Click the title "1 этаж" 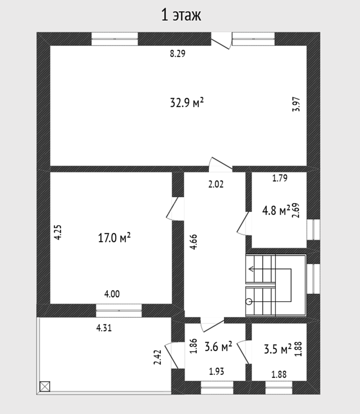click(181, 15)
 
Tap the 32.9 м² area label click(187, 102)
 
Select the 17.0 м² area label click(114, 237)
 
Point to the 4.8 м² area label click(276, 210)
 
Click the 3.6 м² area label click(218, 346)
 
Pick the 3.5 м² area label click(277, 349)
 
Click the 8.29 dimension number click(178, 54)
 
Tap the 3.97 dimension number click(296, 104)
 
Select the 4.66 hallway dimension click(193, 242)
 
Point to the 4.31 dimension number click(104, 328)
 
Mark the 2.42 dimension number click(157, 357)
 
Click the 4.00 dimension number click(112, 294)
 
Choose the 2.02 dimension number click(216, 184)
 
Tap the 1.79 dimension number click(279, 178)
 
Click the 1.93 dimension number click(217, 371)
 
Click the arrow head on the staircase click(251, 269)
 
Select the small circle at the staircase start click(249, 302)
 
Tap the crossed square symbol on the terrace click(45, 387)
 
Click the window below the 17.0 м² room click(119, 311)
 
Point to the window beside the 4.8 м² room click(313, 229)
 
